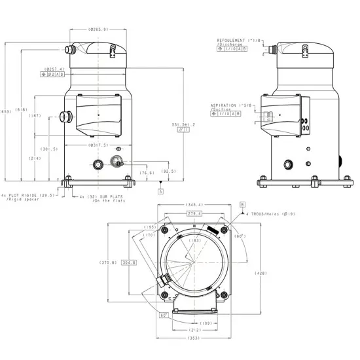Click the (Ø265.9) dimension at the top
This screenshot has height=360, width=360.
coord(98,29)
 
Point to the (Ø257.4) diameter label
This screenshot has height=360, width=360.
coord(53,69)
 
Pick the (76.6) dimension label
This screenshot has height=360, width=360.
coord(147,173)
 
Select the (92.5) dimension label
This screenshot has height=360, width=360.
coord(168,171)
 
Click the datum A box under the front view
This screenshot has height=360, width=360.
coord(160,191)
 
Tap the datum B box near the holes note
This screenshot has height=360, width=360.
coord(242,205)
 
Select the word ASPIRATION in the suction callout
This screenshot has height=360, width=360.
coord(223,105)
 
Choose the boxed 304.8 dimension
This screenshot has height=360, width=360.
coord(130,262)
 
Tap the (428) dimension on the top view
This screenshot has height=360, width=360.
coord(259,274)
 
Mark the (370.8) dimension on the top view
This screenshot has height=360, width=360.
coord(108,262)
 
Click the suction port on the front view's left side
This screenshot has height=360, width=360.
coord(63,117)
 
